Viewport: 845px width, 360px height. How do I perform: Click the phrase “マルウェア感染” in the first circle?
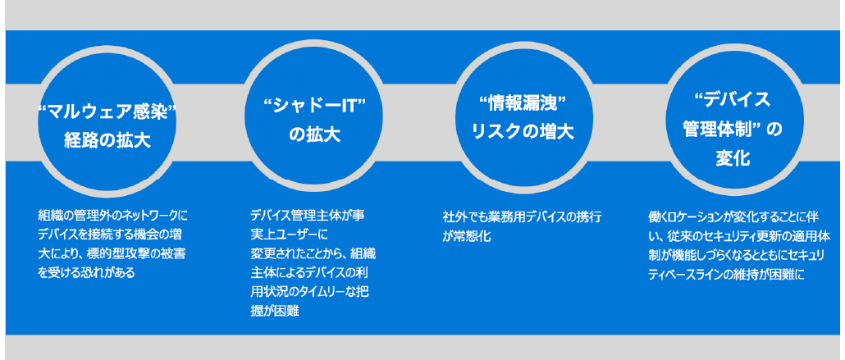tap(107, 114)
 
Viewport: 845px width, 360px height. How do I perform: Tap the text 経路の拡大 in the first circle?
tap(107, 140)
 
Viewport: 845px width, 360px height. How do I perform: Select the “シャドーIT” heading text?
tap(314, 107)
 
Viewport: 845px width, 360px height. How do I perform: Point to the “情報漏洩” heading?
tap(523, 103)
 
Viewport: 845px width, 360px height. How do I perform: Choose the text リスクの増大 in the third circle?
tap(523, 131)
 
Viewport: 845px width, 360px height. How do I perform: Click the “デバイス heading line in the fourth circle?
tap(732, 100)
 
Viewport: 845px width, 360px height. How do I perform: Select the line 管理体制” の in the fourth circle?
tap(733, 130)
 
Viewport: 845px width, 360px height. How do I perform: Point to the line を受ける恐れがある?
tap(86, 273)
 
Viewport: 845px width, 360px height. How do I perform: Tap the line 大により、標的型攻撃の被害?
tap(112, 254)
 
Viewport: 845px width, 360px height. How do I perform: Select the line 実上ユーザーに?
tap(290, 235)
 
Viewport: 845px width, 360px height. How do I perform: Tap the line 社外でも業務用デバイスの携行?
tap(522, 217)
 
